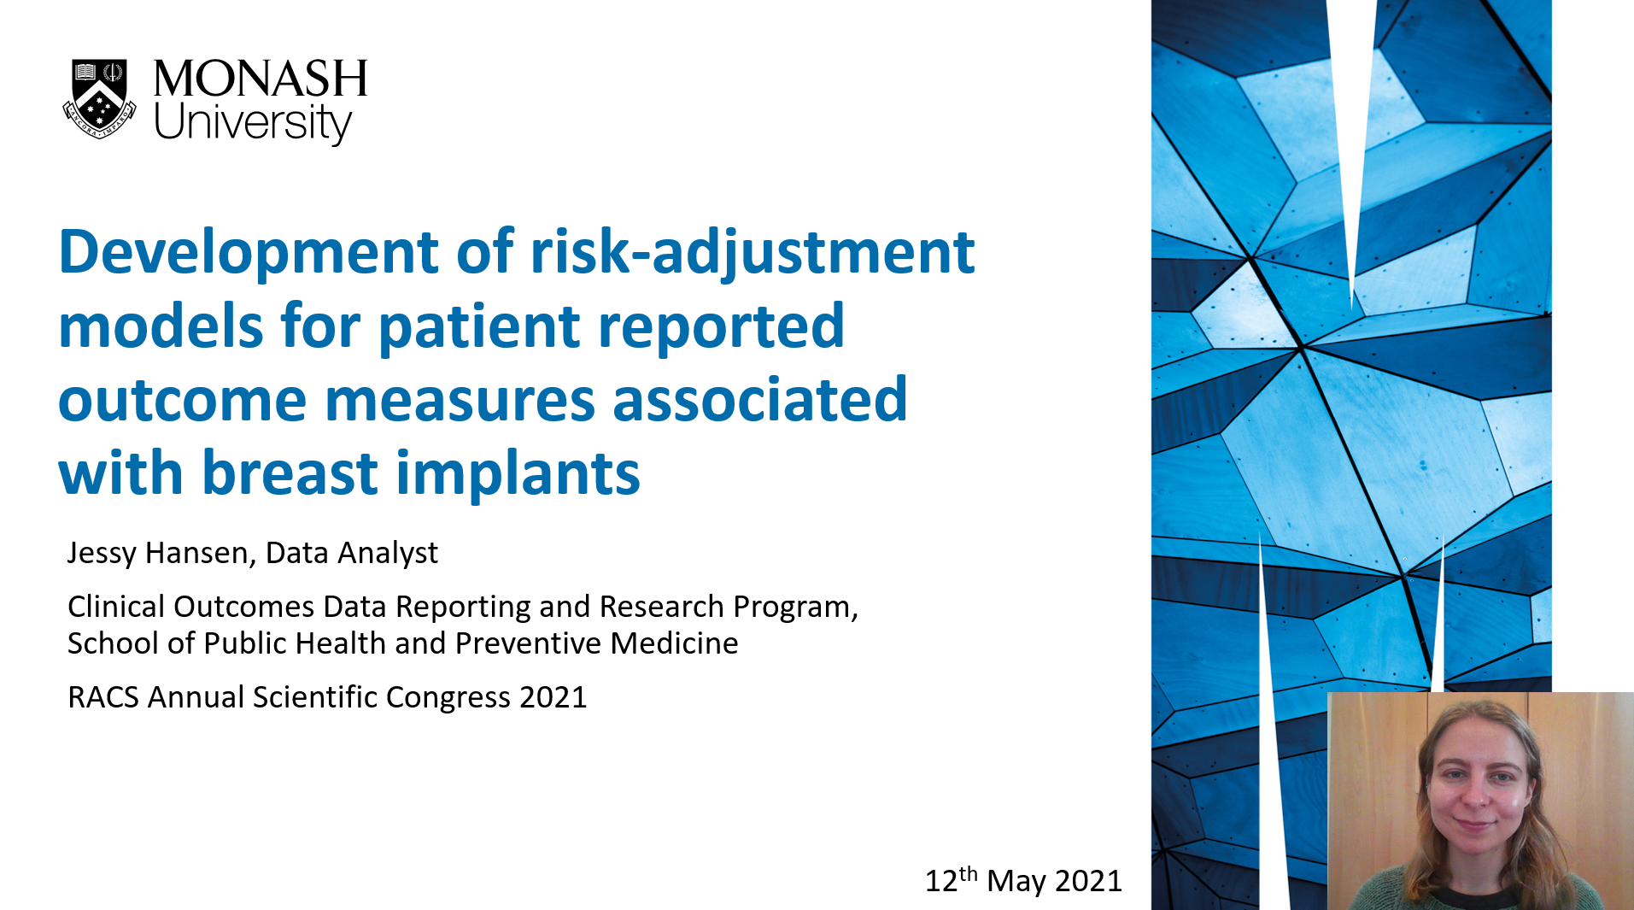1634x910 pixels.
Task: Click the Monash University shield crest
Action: click(x=99, y=98)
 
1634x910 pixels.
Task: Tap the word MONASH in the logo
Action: click(x=261, y=79)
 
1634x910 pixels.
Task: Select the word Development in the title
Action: click(x=249, y=254)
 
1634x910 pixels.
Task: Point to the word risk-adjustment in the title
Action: click(x=753, y=254)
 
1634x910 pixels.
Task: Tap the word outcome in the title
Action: click(x=182, y=400)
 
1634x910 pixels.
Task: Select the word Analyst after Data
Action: click(x=388, y=554)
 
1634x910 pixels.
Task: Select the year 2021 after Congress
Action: click(x=553, y=697)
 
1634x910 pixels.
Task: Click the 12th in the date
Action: click(x=952, y=879)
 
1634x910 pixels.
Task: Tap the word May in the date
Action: click(x=1016, y=881)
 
